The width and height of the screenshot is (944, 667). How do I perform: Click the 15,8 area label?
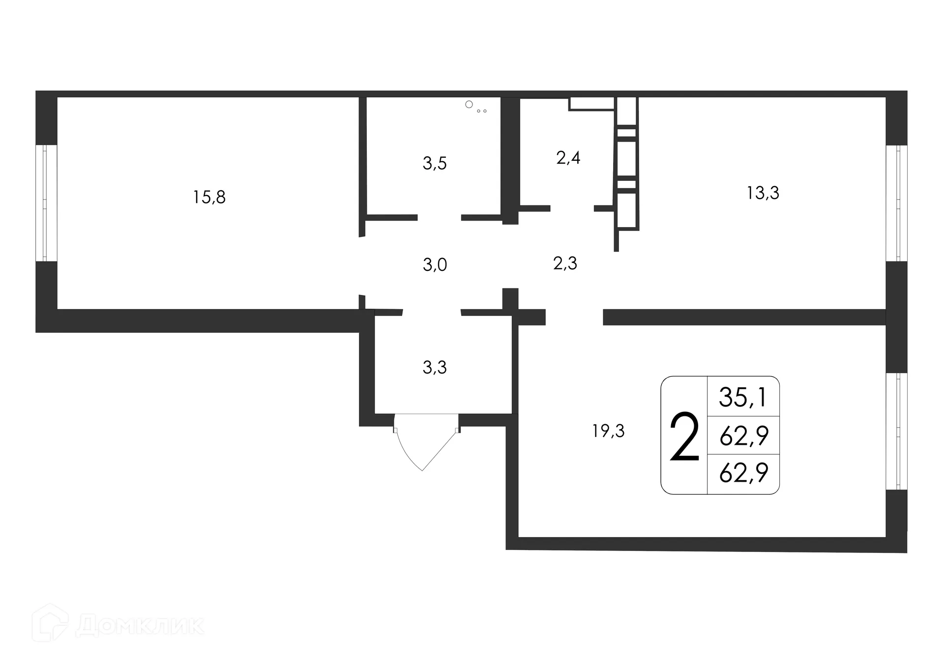tap(209, 197)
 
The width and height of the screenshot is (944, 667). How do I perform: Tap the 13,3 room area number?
tap(763, 193)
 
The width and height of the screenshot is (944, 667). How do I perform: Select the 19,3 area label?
tap(608, 431)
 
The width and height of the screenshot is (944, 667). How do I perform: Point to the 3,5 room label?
tap(435, 163)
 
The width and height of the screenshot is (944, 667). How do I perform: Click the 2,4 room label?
tap(568, 158)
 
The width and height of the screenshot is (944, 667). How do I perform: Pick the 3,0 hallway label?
tap(435, 265)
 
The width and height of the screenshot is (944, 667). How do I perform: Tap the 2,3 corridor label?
tap(565, 263)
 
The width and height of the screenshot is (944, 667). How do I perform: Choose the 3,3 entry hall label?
tap(435, 367)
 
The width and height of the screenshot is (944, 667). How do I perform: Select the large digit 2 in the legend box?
tap(684, 436)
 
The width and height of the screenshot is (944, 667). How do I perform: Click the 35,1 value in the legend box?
tap(743, 397)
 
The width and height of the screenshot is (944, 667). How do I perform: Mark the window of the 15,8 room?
tap(46, 203)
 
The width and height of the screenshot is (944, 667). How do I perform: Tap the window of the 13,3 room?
tap(897, 203)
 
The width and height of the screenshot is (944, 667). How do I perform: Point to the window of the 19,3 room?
tap(897, 431)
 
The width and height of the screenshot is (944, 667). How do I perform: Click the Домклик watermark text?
tap(141, 625)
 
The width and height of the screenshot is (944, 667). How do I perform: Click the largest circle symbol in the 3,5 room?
tap(469, 104)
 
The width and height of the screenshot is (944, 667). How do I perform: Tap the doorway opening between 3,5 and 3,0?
tap(439, 217)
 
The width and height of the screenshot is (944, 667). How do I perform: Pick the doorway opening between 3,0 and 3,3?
tap(432, 312)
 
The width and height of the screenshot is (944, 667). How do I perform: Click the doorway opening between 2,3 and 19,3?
tap(574, 317)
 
